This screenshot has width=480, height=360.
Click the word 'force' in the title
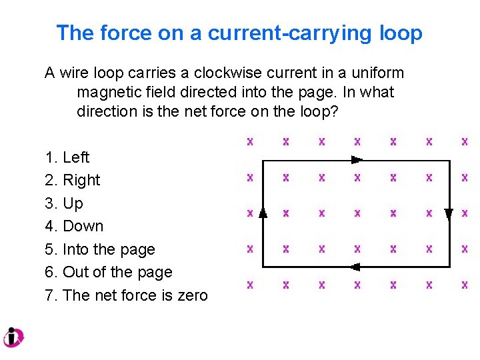[x=118, y=33]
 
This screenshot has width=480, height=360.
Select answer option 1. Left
[x=67, y=157]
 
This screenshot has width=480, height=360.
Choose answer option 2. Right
[x=73, y=180]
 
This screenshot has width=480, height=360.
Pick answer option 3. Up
[x=64, y=203]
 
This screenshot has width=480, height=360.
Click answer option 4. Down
[x=74, y=226]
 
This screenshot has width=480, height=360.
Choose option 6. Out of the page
[x=109, y=272]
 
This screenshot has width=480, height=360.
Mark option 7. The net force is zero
[x=127, y=295]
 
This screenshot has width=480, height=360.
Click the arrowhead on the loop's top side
[x=357, y=160]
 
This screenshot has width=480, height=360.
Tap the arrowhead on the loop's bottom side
[x=355, y=267]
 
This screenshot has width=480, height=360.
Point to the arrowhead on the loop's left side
[x=263, y=213]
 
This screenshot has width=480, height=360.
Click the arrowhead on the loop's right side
[x=449, y=214]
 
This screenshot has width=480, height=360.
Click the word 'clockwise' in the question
[x=227, y=73]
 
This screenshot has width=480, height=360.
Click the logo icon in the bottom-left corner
[x=13, y=337]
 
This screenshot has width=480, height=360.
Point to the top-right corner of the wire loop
[x=449, y=161]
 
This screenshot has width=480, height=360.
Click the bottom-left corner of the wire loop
[x=263, y=267]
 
